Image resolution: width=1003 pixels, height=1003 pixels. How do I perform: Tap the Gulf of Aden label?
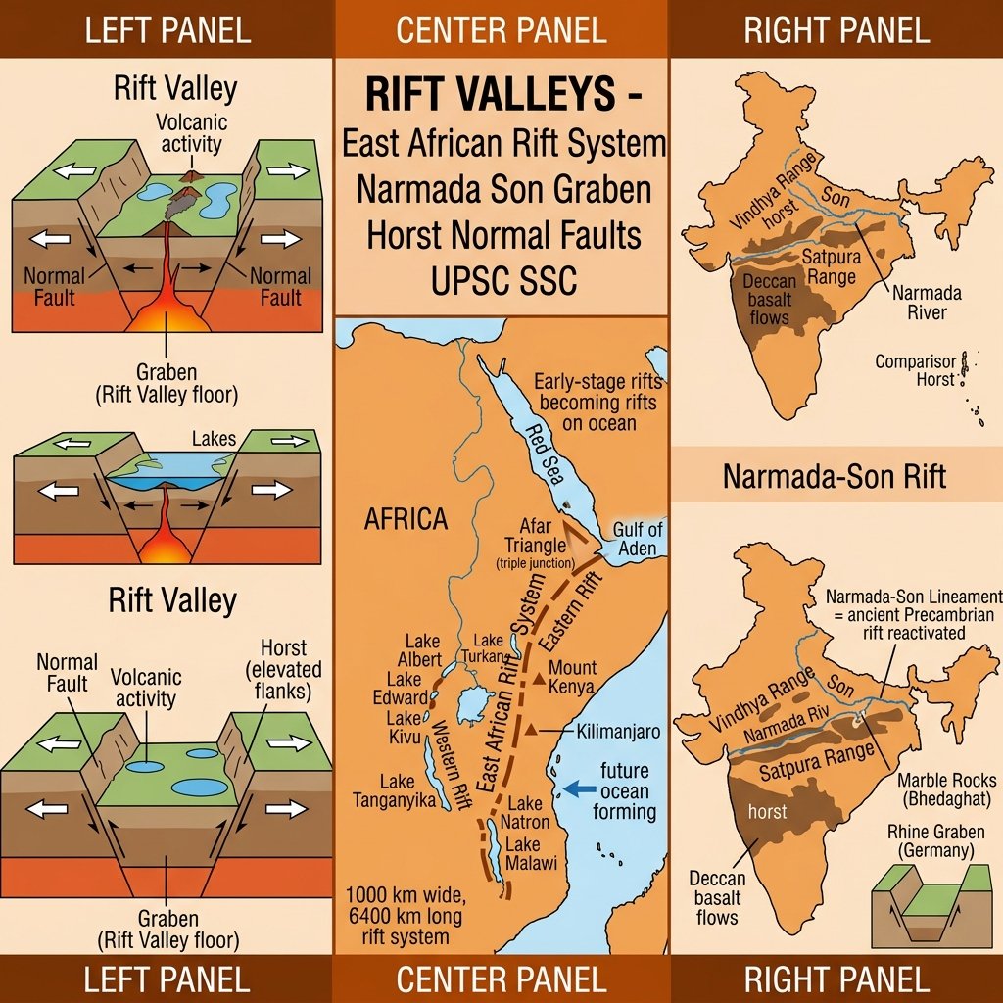[x=638, y=539]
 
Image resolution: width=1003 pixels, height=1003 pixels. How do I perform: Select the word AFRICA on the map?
[x=406, y=519]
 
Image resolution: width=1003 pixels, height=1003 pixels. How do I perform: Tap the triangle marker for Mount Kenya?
[x=538, y=677]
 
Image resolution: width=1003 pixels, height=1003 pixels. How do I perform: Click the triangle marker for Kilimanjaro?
[x=530, y=731]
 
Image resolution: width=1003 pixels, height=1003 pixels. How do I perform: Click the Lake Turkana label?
[x=487, y=647]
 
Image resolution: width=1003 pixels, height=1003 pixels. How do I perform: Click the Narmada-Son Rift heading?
[x=835, y=477]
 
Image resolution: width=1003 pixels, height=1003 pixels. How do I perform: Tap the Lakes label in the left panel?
[x=214, y=438]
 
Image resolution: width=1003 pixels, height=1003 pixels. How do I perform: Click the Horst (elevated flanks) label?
[x=283, y=669]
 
